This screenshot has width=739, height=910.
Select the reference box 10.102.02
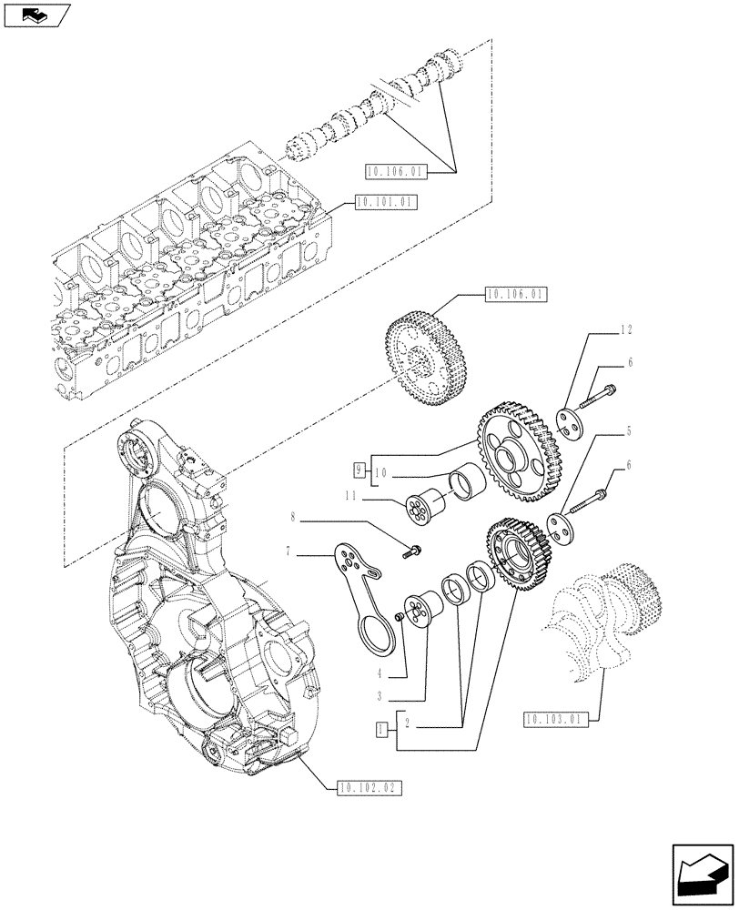point(369,787)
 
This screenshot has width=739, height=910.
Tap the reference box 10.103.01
point(556,721)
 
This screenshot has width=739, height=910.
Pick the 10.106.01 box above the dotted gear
point(515,295)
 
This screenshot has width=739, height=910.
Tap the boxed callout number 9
point(360,470)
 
